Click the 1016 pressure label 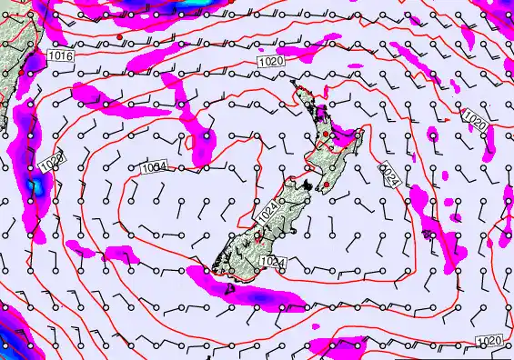[x=60, y=56]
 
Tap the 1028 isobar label [x=52, y=163]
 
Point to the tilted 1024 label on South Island [x=267, y=213]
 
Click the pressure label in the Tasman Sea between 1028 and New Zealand [x=154, y=167]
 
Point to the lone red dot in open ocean [x=119, y=35]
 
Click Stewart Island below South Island [x=228, y=289]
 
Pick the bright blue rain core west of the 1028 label [x=35, y=186]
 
